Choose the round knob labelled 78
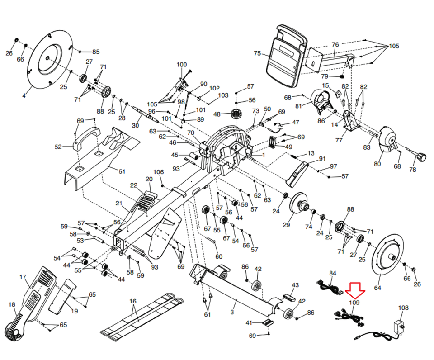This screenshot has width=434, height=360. [x=421, y=157]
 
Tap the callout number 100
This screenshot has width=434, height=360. [x=181, y=65]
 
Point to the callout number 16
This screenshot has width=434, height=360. [x=132, y=302]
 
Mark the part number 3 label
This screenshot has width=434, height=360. [x=232, y=312]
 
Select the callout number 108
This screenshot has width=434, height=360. [x=403, y=308]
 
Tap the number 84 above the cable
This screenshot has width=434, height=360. [x=333, y=273]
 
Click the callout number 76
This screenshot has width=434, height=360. [x=335, y=44]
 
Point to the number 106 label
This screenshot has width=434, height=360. [x=158, y=172]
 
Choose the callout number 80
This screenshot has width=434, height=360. [x=377, y=164]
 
